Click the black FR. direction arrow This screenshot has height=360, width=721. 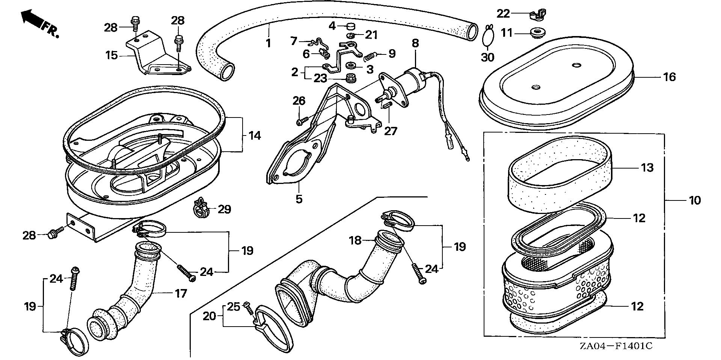(x=31, y=18)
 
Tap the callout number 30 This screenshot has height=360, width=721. (x=488, y=57)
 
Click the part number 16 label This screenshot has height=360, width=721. (x=669, y=77)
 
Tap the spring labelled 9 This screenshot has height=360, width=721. (x=371, y=56)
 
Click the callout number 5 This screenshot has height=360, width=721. (x=299, y=199)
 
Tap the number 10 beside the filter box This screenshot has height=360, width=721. (x=695, y=200)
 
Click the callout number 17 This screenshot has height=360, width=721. (x=181, y=293)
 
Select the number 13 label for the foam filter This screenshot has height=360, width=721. (x=647, y=167)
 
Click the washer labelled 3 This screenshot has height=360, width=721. (x=352, y=66)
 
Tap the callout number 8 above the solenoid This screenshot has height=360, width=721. (x=415, y=43)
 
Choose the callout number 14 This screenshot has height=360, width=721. (x=255, y=135)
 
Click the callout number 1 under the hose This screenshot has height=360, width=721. (x=268, y=43)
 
